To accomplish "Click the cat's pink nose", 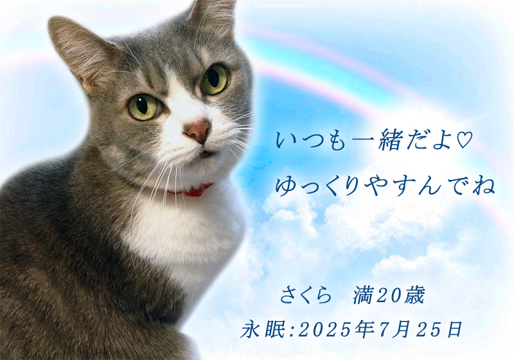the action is click(199, 131).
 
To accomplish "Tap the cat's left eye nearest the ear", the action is click(145, 107).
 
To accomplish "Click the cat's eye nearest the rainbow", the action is click(215, 79).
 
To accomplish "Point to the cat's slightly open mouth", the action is click(207, 154).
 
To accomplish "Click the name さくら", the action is click(306, 294).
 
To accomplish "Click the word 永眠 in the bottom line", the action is click(263, 329).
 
